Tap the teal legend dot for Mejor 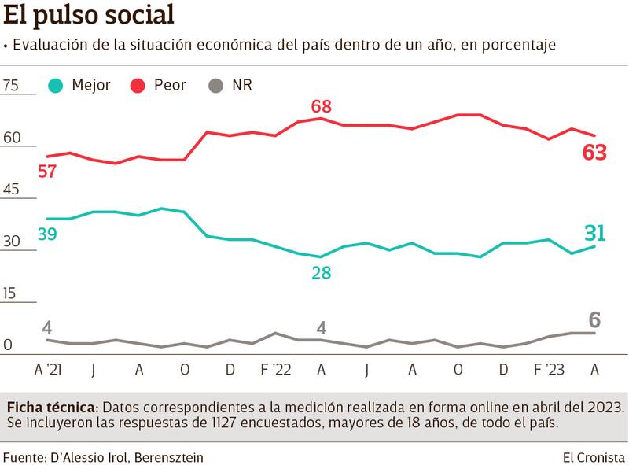(57, 86)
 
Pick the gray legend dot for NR (216, 86)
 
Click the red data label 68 (321, 106)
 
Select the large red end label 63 (594, 153)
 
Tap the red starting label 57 (47, 171)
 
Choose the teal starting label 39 (47, 234)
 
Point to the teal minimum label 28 (321, 273)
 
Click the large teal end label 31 (594, 232)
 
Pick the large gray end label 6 (594, 319)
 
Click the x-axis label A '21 (47, 369)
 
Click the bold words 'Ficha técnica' (52, 408)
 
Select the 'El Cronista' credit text (594, 456)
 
